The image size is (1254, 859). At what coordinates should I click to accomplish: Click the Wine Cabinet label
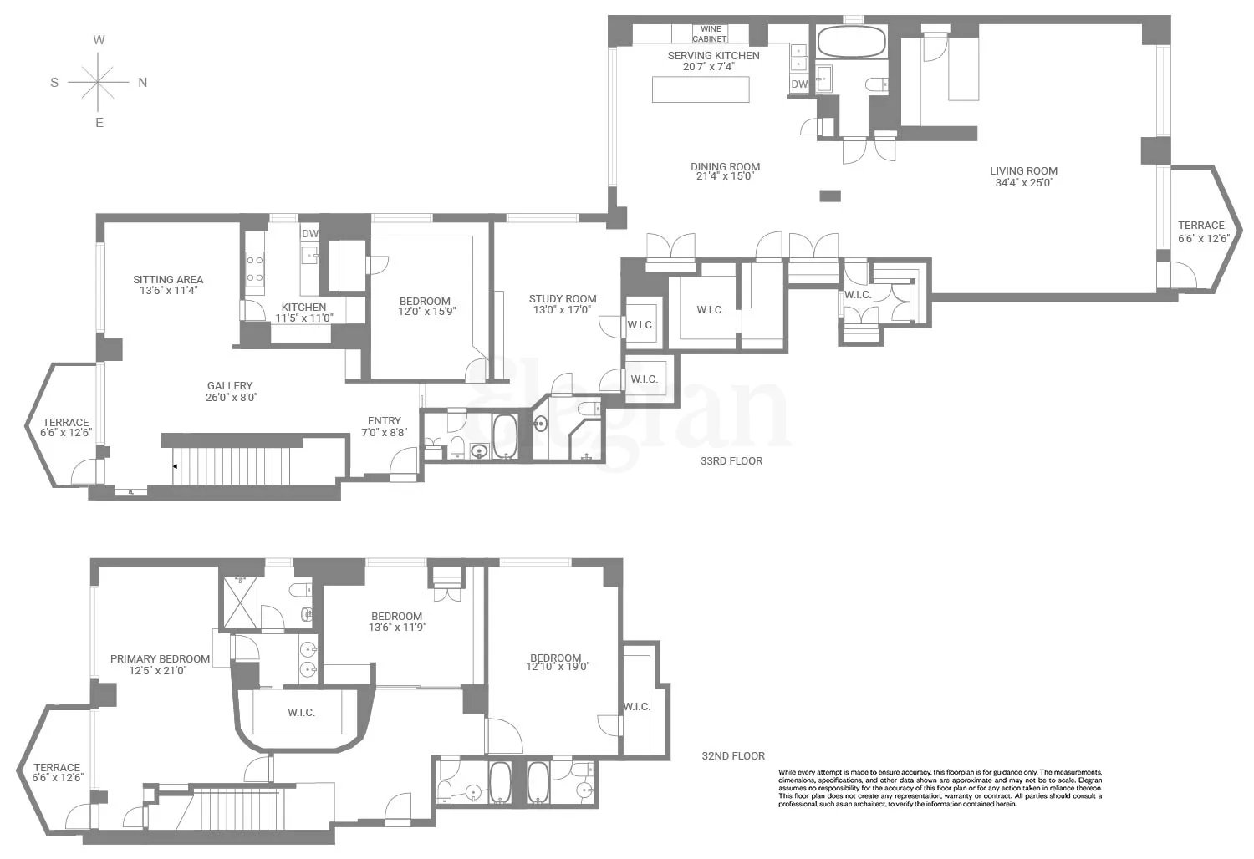710,34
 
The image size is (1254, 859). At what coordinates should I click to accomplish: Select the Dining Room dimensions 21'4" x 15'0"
725,176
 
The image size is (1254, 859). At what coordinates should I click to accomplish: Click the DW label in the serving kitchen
799,84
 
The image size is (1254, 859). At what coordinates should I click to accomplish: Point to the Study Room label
563,298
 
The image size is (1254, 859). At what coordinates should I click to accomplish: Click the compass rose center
99,82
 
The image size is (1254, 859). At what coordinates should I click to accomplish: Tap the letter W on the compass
99,40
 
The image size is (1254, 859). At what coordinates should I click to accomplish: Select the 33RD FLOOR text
731,460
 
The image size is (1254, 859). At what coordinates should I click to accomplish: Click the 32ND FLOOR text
733,755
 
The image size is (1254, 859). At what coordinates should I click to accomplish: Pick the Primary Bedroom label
160,658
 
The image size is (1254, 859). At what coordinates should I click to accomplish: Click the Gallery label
230,386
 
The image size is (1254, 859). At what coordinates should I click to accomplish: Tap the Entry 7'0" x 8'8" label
385,426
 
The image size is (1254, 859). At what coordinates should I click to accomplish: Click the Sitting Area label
168,280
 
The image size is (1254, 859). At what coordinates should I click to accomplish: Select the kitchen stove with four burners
255,269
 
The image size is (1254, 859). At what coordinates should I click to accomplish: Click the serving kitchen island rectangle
701,89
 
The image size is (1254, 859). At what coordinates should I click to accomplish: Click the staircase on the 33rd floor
234,465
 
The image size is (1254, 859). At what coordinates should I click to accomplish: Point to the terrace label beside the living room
1200,226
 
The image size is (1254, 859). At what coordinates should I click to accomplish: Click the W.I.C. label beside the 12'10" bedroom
636,707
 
